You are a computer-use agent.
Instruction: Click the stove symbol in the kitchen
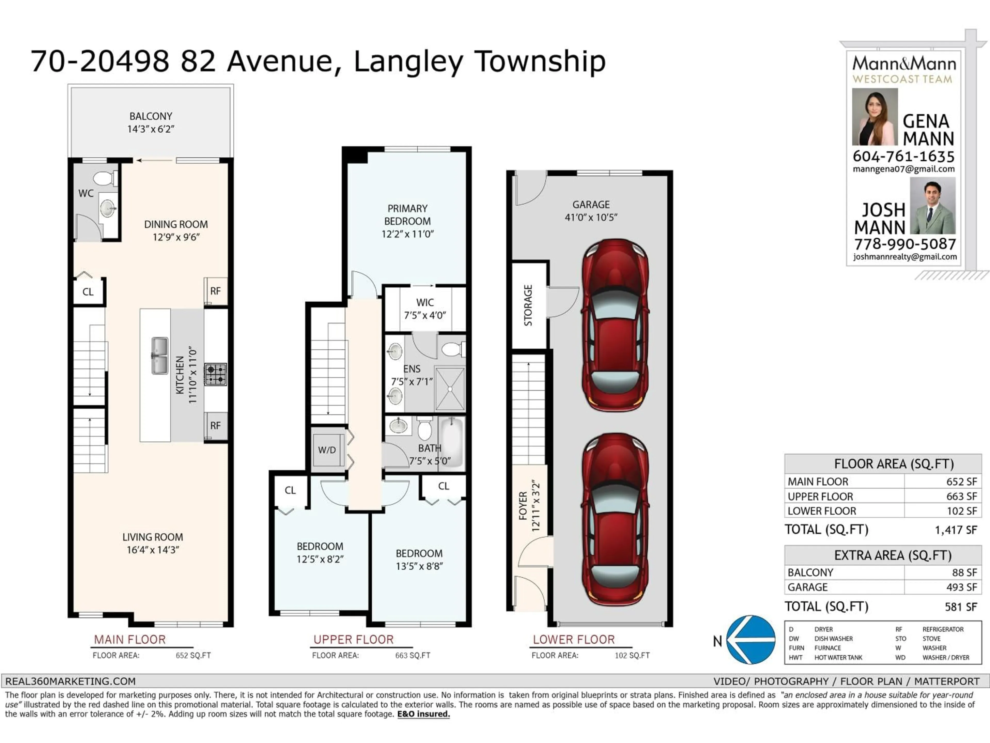point(215,374)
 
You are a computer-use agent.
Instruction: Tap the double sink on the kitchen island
point(159,356)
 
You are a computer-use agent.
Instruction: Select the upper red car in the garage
point(615,325)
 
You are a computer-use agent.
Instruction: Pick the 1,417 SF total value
point(955,530)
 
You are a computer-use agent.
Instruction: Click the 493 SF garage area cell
point(961,587)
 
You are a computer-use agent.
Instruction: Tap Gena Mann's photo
point(874,116)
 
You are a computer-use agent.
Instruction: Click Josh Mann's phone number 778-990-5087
point(905,244)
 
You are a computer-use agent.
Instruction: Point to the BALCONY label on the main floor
point(151,116)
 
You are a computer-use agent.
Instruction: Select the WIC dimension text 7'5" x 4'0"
point(425,315)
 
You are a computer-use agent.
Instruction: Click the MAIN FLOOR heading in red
point(130,640)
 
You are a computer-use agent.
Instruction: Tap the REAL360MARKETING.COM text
point(70,681)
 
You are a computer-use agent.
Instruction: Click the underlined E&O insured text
point(423,714)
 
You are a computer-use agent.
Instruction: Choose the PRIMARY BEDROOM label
point(407,215)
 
